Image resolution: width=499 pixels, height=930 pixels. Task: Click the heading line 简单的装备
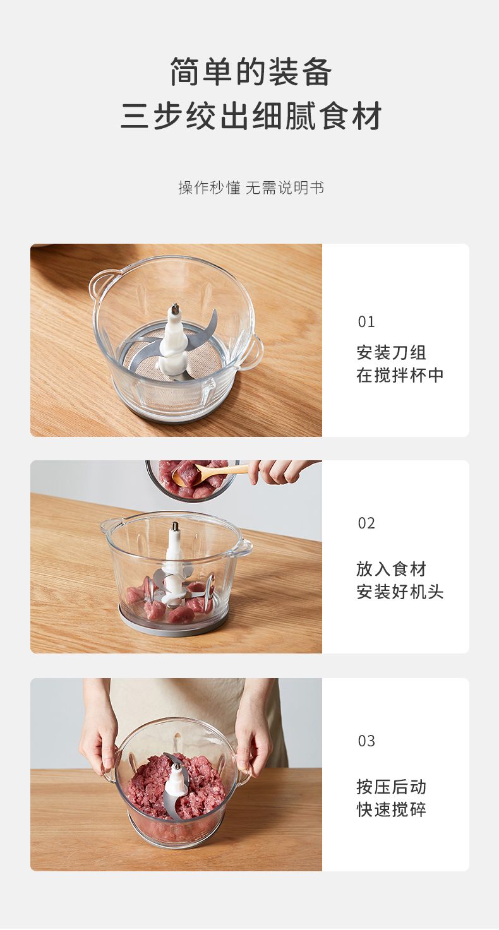click(x=251, y=72)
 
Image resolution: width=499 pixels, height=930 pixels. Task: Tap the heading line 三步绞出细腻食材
click(x=251, y=116)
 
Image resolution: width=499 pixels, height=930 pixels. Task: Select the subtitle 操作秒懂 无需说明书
click(x=251, y=188)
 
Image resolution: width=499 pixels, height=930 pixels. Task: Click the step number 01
click(x=366, y=322)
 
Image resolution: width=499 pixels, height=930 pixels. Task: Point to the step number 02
click(x=366, y=523)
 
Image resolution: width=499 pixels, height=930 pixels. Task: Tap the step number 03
click(x=366, y=741)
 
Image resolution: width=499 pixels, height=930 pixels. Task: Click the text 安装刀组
click(x=391, y=352)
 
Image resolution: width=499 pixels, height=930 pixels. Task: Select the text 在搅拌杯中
click(x=400, y=375)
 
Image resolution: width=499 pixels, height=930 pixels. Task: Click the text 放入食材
click(x=391, y=569)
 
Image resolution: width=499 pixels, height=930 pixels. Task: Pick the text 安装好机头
click(x=400, y=592)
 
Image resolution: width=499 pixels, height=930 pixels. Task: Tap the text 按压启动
click(x=391, y=787)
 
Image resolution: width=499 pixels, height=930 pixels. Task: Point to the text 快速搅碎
click(x=391, y=809)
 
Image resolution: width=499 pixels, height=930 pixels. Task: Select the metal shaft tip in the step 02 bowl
click(x=176, y=527)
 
